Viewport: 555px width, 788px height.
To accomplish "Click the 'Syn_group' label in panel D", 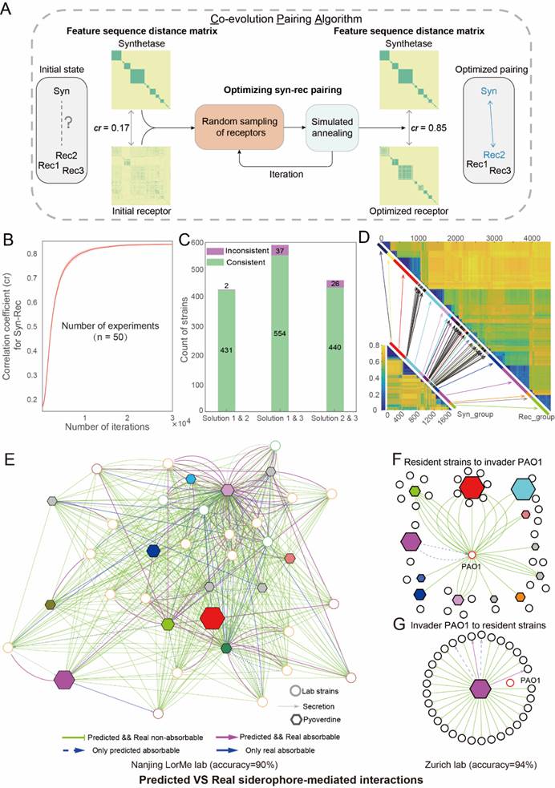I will click(472, 414).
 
